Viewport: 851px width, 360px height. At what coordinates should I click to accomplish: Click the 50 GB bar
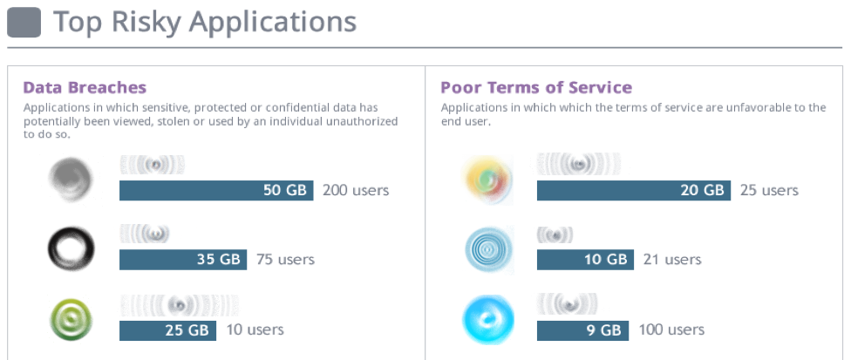click(x=216, y=190)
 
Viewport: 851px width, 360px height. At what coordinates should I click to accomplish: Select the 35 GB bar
click(x=183, y=259)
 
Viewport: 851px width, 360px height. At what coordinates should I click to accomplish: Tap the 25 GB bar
click(x=167, y=329)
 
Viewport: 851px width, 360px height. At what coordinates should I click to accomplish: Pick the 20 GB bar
click(x=633, y=190)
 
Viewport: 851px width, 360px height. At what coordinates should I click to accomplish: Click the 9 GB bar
click(x=582, y=329)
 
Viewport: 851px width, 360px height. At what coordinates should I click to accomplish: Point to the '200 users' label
click(x=356, y=190)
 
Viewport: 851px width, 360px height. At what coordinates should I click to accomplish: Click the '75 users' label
click(x=285, y=259)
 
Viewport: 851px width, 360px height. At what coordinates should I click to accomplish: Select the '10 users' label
click(x=254, y=329)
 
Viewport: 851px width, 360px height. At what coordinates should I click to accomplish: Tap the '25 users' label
click(x=769, y=190)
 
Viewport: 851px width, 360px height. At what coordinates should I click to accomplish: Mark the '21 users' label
click(x=671, y=259)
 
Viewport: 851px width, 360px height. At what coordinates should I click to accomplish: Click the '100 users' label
click(x=671, y=329)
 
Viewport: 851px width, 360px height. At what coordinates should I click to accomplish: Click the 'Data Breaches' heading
click(x=85, y=87)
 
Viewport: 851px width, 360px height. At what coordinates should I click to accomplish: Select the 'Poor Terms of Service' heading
click(x=536, y=87)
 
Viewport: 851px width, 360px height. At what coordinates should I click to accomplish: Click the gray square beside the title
click(x=24, y=22)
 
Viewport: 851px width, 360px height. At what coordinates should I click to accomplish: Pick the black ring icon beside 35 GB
click(x=71, y=248)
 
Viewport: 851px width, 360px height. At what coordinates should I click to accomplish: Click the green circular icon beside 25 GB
click(x=71, y=319)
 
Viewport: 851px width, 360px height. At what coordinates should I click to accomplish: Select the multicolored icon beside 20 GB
click(x=487, y=180)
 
